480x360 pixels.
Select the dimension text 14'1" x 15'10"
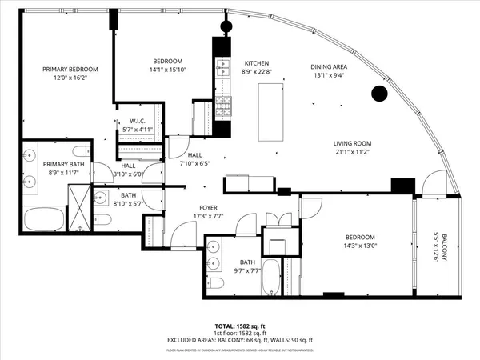168,70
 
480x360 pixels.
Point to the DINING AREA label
328,67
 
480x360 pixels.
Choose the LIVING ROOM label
353,144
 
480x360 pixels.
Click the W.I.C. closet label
141,121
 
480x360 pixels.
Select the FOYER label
209,207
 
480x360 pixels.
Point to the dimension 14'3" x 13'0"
360,246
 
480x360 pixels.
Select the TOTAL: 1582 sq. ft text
239,326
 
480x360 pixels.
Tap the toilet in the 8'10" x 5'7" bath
102,218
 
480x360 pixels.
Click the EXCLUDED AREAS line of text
239,340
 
